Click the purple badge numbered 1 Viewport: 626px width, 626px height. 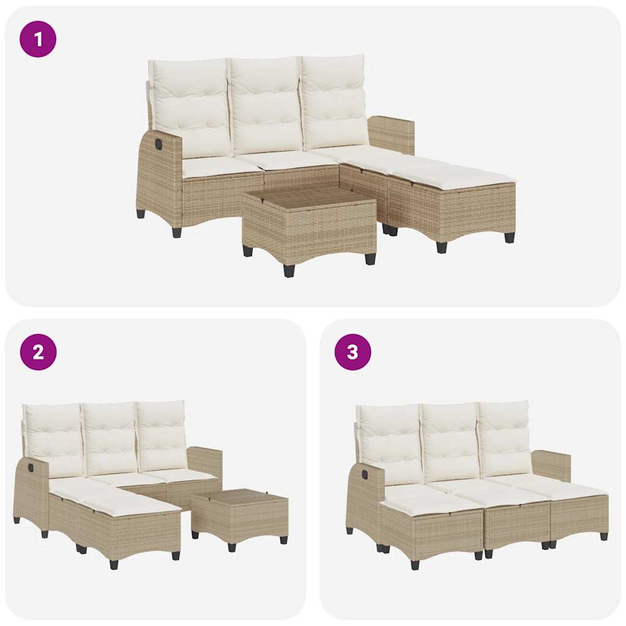pos(38,40)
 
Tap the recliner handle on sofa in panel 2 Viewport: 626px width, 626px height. pos(30,468)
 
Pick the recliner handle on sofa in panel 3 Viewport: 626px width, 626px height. pos(364,474)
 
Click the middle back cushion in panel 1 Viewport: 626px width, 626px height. pos(265,105)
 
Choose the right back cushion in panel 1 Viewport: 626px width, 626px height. pos(333,101)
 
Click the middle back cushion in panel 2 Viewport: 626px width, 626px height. pos(110,436)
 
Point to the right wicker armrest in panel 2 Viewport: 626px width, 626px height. pos(205,462)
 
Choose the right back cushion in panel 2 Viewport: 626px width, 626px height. pos(161,434)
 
